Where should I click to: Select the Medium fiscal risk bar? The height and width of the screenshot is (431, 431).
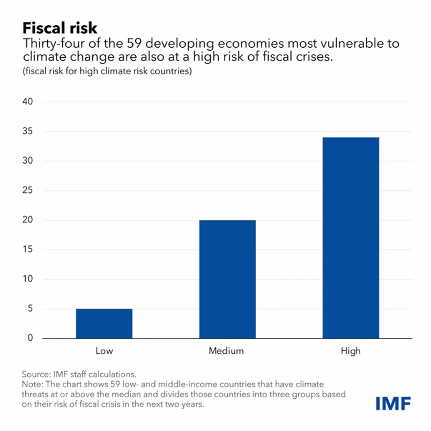227,279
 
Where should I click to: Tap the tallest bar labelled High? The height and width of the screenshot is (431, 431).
351,237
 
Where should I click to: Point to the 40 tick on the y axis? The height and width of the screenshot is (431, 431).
27,102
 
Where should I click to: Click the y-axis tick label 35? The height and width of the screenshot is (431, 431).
27,131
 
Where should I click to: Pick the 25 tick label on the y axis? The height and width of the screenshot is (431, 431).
27,190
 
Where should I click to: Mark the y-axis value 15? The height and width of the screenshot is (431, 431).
27,249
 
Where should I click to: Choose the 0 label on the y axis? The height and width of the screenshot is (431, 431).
30,338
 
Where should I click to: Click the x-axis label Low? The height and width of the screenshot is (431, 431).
104,352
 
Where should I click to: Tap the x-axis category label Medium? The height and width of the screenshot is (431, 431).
226,352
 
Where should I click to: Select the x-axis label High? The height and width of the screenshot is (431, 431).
351,352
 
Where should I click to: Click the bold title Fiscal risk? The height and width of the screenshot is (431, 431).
59,27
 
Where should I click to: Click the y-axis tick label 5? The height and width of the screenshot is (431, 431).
30,308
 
